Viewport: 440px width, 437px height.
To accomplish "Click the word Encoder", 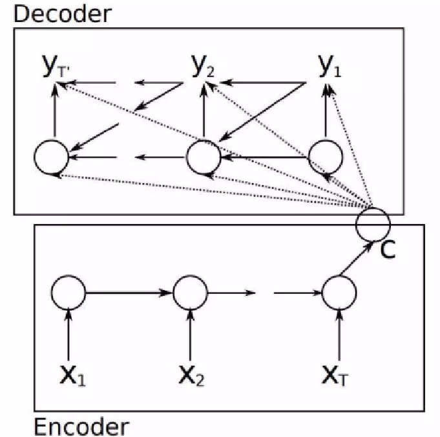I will tap(81, 426).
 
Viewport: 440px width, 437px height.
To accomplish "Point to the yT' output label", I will tap(53, 67).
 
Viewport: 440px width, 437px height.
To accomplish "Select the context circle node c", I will tap(373, 222).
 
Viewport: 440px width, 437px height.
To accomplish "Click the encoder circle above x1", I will tap(68, 293).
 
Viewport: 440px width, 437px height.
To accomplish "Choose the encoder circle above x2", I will tap(190, 293).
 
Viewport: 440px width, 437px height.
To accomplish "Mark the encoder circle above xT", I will tap(339, 293).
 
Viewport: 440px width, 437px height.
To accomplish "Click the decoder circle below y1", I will tap(326, 156).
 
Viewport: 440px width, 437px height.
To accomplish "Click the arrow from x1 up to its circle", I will tap(68, 333).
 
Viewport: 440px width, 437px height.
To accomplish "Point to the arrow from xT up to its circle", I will tap(339, 333).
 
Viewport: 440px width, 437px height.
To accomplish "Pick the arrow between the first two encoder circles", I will tap(129, 293).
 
